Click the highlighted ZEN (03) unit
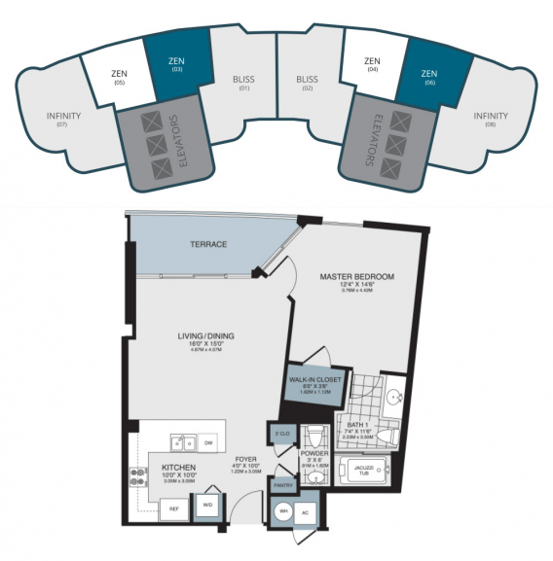[175, 64]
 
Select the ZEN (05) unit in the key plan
[118, 77]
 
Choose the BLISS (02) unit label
[307, 83]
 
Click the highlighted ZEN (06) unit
[431, 76]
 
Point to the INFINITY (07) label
[63, 121]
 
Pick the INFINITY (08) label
[490, 121]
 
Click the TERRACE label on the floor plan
[207, 245]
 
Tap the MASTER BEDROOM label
[357, 277]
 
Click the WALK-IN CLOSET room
[313, 384]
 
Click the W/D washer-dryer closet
[207, 506]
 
